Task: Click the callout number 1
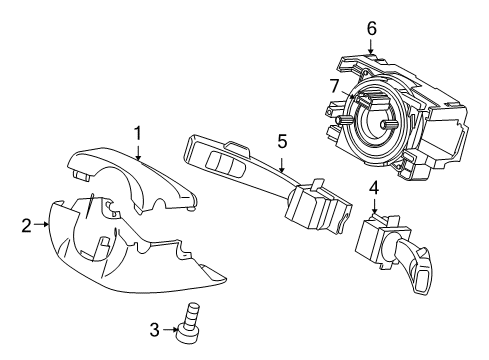[138, 131]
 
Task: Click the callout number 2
[26, 225]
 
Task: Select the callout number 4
[374, 187]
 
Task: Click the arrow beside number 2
[42, 225]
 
